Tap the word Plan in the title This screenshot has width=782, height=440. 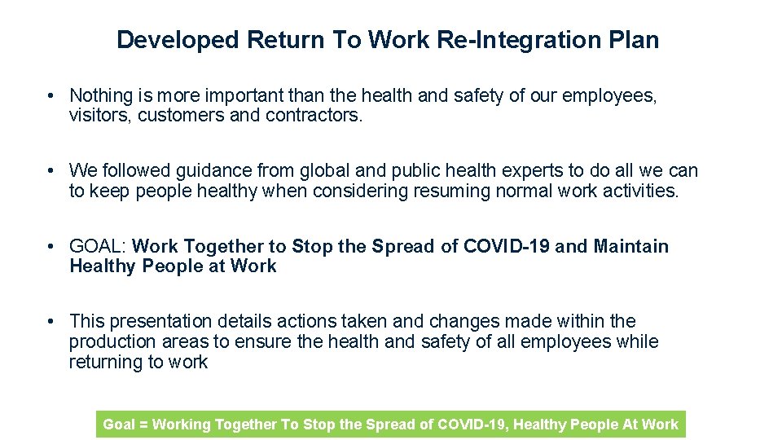point(635,39)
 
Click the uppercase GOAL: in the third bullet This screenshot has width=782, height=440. point(98,246)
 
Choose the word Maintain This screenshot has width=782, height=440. point(631,246)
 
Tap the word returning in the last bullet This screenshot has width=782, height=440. point(104,363)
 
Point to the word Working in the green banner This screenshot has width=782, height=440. point(181,425)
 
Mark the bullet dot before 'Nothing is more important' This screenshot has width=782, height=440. point(51,97)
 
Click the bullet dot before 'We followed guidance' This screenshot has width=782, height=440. point(51,171)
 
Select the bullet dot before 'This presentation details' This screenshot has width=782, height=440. point(51,322)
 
